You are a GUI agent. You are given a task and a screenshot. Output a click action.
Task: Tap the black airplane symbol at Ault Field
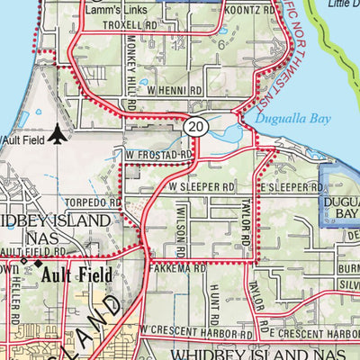tap(58, 134)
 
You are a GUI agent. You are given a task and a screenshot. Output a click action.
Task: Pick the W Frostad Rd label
tap(160, 155)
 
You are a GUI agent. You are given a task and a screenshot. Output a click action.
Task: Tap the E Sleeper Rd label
tap(290, 187)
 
